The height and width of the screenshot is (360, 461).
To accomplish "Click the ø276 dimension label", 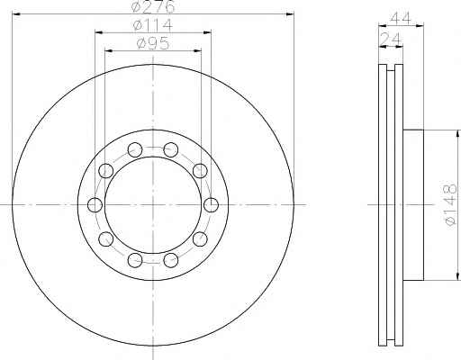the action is pos(153,6).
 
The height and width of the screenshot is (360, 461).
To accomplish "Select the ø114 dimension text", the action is pos(153,25).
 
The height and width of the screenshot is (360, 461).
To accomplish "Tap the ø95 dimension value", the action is pos(153,43).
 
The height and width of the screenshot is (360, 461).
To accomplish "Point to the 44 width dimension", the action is pos(401,19).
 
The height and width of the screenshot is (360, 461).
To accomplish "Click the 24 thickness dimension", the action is pos(390,39).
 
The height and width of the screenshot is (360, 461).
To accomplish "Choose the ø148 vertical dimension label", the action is pos(450,204).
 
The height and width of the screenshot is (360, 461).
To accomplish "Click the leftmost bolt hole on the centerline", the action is pos(95,205).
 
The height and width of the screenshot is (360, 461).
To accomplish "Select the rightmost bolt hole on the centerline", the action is pos(211,205).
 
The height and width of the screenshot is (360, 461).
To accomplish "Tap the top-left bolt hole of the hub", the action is pos(135,149).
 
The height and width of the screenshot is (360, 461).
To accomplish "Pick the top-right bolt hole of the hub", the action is pos(171,149).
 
